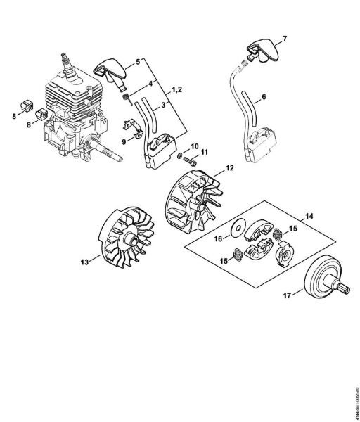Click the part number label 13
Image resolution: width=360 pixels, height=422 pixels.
[x=85, y=262]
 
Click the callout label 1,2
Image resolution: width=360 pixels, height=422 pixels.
[x=179, y=91]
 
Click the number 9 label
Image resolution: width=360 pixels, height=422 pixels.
[x=124, y=141]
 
